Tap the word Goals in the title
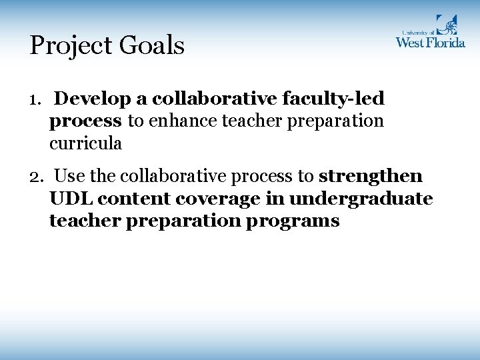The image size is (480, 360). (153, 46)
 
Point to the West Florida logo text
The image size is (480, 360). (430, 41)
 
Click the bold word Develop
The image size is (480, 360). (93, 99)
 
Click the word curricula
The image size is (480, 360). (86, 143)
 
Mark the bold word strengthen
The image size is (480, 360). (371, 176)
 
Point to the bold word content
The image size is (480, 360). (130, 198)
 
